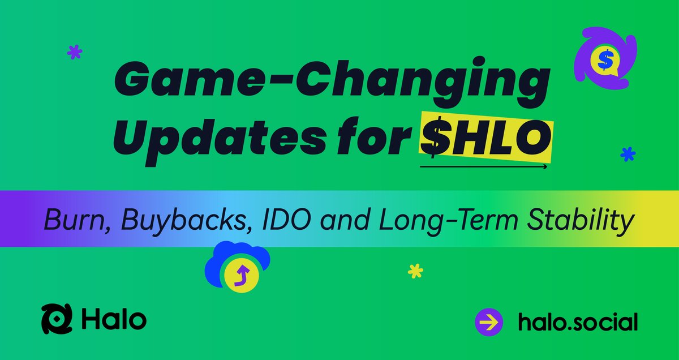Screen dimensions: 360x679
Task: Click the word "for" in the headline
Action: [x=376, y=137]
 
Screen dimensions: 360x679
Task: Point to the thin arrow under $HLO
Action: [x=484, y=167]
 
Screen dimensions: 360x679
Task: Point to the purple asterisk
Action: [x=75, y=53]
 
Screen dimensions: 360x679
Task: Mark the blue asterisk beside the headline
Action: [x=628, y=153]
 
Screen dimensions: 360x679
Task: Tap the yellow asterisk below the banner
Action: [x=416, y=272]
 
